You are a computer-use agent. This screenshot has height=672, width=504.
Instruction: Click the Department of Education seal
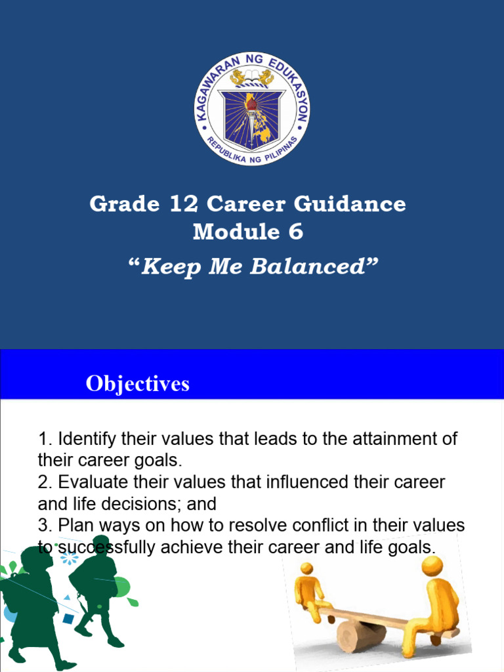point(252,108)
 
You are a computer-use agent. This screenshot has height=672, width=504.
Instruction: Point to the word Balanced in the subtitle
point(318,267)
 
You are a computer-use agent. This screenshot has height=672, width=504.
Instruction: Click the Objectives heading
point(137,384)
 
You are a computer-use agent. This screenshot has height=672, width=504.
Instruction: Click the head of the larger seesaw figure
point(432,565)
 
